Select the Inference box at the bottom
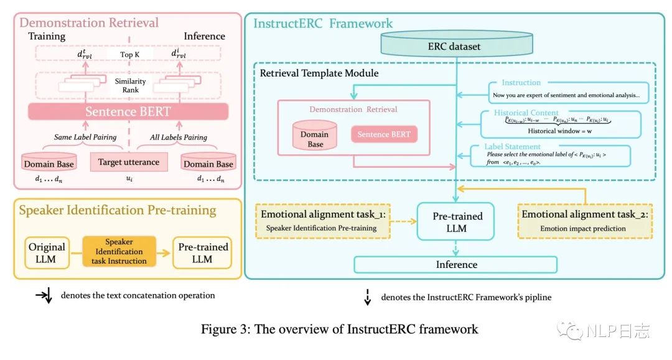coord(456,264)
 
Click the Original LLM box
coord(47,253)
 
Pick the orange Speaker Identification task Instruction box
coord(118,251)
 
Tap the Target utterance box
coord(128,162)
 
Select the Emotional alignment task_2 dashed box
coord(585,221)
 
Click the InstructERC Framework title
coord(323,24)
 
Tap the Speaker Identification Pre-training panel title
coord(118,210)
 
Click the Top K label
coord(129,55)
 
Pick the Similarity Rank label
coord(129,86)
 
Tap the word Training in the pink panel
coord(47,36)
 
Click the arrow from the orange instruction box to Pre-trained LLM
coord(161,252)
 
